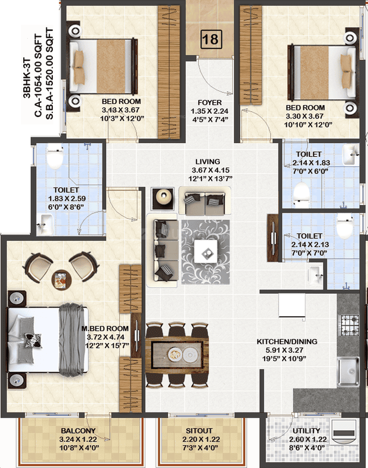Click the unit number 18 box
211,39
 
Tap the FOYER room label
210,102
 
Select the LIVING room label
207,162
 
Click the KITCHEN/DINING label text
287,341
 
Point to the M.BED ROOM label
105,329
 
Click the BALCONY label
78,431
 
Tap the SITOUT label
199,431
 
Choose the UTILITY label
306,431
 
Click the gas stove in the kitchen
350,325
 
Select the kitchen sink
348,372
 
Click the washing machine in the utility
344,432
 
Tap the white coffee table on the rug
206,252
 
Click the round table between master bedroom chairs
61,280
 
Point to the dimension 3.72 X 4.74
106,337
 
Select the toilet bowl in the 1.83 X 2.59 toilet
55,156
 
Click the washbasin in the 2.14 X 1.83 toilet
351,155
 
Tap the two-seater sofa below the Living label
205,201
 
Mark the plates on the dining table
183,354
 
